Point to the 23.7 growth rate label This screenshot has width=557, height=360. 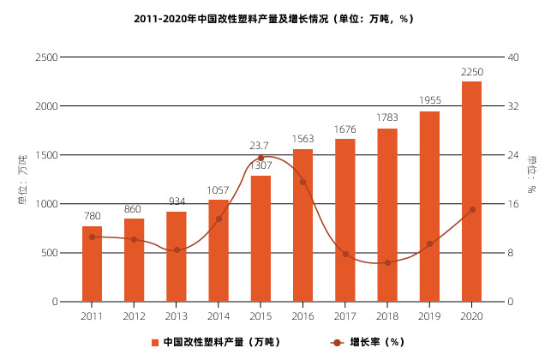pos(260,146)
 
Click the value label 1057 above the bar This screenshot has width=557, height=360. pos(219,190)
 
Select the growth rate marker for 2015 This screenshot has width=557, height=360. pos(261,158)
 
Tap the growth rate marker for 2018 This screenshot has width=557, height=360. pos(387,262)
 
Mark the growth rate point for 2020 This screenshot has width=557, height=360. pos(471,210)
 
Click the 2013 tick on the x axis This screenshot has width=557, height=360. pos(176,316)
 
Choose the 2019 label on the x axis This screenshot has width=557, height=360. pos(429,316)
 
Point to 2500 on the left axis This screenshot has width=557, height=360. pos(46,57)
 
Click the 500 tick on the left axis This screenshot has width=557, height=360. pos(50,253)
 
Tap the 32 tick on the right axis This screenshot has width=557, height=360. pos(513,106)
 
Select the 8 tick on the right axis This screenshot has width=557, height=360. pos(511,253)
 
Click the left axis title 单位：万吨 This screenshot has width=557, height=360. pos(22,180)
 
